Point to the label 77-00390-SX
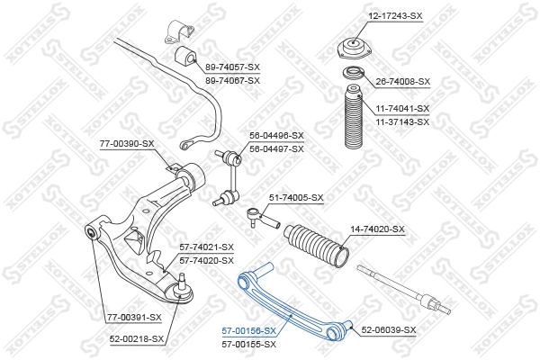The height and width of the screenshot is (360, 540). pos(127,143)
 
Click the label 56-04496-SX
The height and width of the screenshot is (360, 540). pos(276,137)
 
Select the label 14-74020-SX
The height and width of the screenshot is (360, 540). pos(377,229)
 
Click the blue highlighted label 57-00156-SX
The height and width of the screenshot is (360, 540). pos(250,330)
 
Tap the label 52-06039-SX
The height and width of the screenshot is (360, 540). pos(388,330)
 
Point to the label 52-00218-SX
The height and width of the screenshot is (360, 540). pos(137,338)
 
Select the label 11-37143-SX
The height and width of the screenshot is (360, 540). pos(402,120)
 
